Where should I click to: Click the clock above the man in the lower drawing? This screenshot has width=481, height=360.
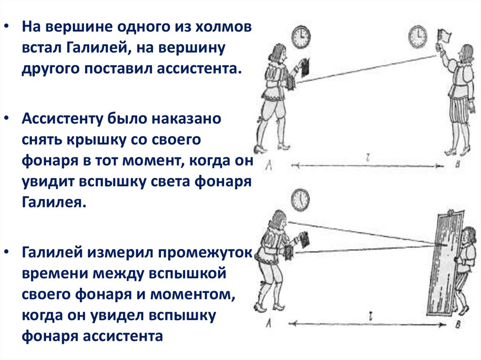tap(300, 199)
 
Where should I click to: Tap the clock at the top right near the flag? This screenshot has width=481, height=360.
tap(418, 36)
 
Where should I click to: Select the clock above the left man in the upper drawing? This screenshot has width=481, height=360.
tap(301, 38)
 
